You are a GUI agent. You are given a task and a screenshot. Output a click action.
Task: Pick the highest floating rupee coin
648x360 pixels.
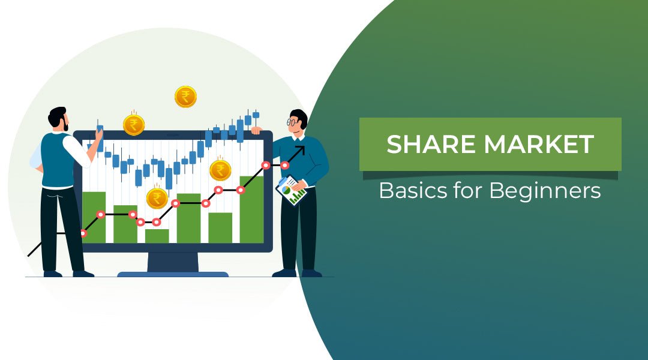(x=185, y=97)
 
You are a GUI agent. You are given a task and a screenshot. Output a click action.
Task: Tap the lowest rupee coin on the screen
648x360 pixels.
(x=157, y=198)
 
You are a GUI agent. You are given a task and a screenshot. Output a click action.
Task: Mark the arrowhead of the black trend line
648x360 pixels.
(x=299, y=149)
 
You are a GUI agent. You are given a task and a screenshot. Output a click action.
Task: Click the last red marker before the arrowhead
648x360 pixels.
(x=284, y=165)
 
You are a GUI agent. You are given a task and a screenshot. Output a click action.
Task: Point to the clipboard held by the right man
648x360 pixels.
(x=291, y=190)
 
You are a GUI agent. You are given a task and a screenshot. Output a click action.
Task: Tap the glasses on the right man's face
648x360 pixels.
(x=292, y=122)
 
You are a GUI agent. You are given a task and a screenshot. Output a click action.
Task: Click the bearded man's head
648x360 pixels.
(x=58, y=117)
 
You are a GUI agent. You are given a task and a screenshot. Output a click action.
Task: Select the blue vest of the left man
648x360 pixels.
(x=58, y=160)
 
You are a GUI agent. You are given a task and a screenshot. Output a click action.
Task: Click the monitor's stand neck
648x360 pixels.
(x=173, y=262)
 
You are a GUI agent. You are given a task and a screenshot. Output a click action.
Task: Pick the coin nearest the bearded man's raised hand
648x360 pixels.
(x=133, y=125)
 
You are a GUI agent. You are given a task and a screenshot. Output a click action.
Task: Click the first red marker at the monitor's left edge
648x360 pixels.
(x=83, y=233)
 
